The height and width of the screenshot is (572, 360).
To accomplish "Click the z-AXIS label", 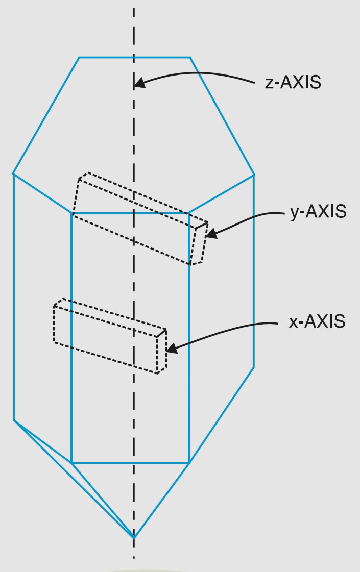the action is [x=293, y=83].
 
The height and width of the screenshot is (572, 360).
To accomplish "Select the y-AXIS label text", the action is [x=318, y=211].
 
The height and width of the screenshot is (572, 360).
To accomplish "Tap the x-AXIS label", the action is [x=317, y=322].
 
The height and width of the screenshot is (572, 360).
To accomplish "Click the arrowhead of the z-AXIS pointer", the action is [x=139, y=83].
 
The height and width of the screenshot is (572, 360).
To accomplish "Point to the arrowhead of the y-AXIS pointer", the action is [x=210, y=235].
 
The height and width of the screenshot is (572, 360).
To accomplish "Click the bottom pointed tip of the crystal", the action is [x=134, y=537].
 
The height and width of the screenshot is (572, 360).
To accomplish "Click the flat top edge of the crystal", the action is [x=134, y=57].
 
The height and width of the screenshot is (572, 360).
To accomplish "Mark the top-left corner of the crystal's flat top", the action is [x=79, y=57].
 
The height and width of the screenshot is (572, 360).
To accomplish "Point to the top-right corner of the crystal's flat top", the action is [x=190, y=57].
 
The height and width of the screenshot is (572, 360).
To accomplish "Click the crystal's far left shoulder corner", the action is [x=13, y=174].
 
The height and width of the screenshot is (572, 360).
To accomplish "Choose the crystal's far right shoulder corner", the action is [x=254, y=175].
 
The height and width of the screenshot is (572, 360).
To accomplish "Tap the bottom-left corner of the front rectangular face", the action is [x=71, y=463].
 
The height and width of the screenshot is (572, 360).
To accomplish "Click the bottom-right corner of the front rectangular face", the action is [x=189, y=463].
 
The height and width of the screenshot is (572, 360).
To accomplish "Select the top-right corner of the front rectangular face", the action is [x=189, y=213].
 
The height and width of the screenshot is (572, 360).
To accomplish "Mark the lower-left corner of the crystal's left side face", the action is [x=14, y=420].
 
